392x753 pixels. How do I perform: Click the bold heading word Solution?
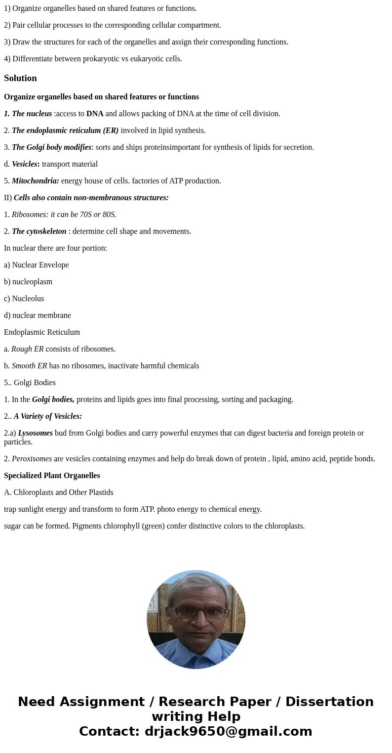click(20, 78)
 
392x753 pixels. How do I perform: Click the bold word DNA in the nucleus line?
click(95, 114)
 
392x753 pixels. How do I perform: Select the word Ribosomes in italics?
click(30, 215)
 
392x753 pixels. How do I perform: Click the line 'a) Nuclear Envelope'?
click(37, 265)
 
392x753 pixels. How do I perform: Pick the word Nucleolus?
click(28, 299)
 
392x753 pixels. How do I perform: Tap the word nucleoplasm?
click(32, 282)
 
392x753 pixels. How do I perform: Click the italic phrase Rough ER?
click(27, 349)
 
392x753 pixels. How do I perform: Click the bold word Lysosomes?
click(35, 433)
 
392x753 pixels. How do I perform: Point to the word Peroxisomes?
click(32, 459)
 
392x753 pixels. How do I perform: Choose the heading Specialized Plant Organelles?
click(52, 476)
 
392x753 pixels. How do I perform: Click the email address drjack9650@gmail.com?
click(228, 732)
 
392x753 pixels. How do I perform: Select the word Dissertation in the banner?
click(329, 702)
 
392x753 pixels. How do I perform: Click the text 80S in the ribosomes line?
click(108, 215)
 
